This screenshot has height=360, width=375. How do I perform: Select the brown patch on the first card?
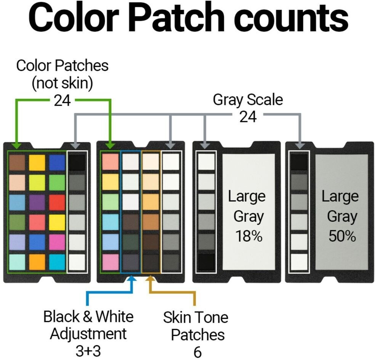(17, 162)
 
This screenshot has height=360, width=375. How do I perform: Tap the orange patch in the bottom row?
(37, 262)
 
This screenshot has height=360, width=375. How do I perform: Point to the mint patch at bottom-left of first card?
(17, 262)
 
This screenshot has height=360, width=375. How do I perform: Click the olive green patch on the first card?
(17, 222)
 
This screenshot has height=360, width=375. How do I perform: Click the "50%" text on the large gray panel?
(342, 236)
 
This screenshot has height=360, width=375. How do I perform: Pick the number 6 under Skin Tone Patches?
(197, 352)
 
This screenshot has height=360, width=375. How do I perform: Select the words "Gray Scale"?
(248, 100)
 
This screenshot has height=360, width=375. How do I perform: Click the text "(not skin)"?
(62, 83)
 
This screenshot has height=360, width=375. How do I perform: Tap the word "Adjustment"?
(88, 334)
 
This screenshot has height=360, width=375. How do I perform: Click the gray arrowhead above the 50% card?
(300, 145)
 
